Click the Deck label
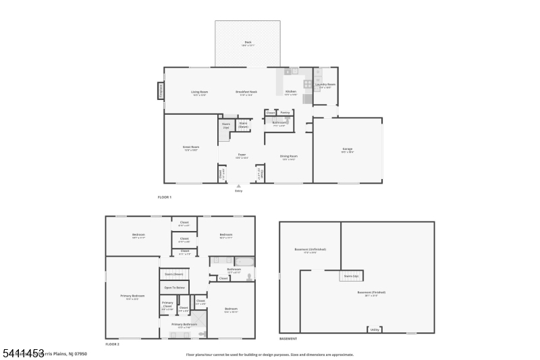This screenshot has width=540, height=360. click(x=247, y=43)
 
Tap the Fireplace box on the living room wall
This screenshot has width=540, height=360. click(x=161, y=91)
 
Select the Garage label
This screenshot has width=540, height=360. click(x=347, y=149)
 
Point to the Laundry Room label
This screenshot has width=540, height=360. click(x=325, y=86)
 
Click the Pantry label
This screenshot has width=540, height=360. click(x=285, y=113)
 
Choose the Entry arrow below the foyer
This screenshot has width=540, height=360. click(x=238, y=186)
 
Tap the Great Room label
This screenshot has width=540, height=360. click(x=190, y=147)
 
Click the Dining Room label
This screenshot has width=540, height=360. click(x=289, y=157)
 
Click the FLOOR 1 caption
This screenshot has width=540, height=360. click(x=165, y=197)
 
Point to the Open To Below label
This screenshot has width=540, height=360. click(x=175, y=288)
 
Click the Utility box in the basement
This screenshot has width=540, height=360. click(x=374, y=330)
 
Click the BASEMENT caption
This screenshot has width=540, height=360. click(x=288, y=338)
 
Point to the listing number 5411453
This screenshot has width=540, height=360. click(x=23, y=353)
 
